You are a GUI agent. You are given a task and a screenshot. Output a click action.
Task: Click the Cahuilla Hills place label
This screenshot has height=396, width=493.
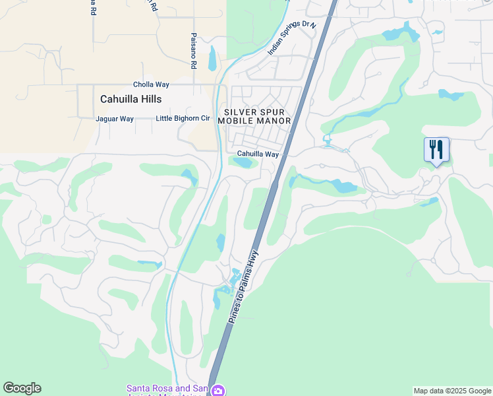click(x=130, y=98)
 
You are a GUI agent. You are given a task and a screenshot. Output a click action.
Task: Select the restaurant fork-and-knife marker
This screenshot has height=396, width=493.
click(x=436, y=149)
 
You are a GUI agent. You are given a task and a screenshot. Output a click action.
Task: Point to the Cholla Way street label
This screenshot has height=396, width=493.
click(x=151, y=84)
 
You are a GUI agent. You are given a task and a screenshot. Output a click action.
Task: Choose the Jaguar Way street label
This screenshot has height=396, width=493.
click(x=115, y=119)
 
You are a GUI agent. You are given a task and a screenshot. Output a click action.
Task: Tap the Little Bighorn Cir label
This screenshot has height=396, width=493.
click(x=183, y=119)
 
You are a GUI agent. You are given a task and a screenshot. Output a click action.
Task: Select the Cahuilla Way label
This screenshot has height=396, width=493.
click(x=258, y=154)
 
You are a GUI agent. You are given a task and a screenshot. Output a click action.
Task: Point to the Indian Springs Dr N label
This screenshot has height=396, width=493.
click(x=292, y=38)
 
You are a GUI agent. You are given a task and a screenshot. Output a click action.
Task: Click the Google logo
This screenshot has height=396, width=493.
click(x=22, y=388)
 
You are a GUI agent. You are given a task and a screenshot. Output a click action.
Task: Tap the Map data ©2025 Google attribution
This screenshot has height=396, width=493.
click(x=452, y=391)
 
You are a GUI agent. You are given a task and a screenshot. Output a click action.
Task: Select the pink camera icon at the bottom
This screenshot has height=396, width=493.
click(x=218, y=391)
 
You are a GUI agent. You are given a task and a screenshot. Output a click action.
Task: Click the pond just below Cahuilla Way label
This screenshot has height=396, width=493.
click(x=243, y=162)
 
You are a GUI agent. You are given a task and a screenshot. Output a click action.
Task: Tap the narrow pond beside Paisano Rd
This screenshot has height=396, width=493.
click(x=212, y=59)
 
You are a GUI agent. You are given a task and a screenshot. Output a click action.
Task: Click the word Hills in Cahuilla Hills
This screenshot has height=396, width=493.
click(x=150, y=98)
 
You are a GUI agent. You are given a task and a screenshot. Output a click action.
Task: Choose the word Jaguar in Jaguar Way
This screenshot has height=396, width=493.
click(x=106, y=119)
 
